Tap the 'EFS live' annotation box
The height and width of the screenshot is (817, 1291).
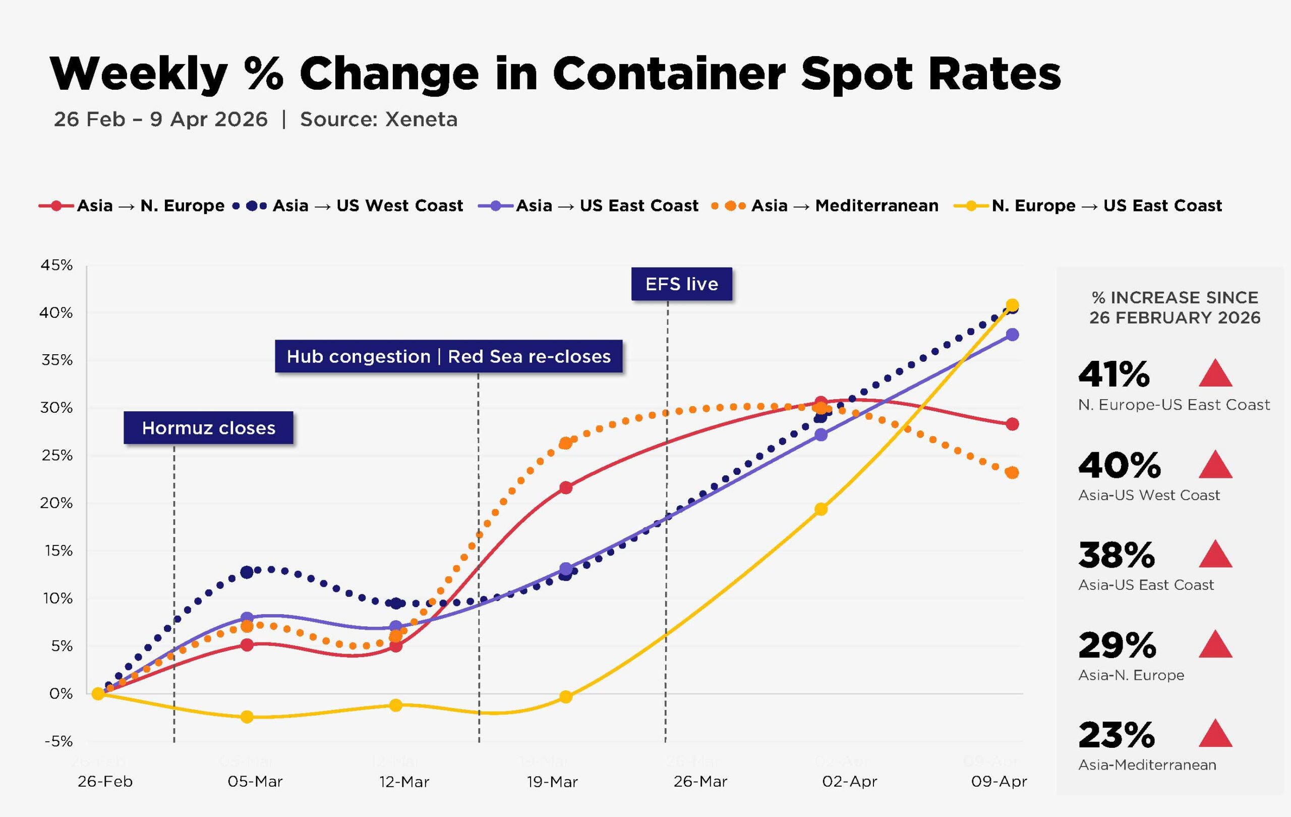pyautogui.click(x=681, y=284)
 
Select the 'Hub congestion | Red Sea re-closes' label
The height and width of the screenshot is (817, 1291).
pyautogui.click(x=448, y=356)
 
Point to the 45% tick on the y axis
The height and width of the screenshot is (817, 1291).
pyautogui.click(x=56, y=265)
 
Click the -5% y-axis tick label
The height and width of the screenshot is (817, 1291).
pyautogui.click(x=58, y=741)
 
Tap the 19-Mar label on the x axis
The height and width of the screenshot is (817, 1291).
pyautogui.click(x=552, y=782)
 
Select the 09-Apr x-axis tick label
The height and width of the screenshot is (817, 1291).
pyautogui.click(x=999, y=781)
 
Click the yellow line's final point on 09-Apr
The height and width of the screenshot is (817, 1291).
pyautogui.click(x=1012, y=305)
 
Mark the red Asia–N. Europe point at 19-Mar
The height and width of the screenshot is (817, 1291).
pyautogui.click(x=566, y=487)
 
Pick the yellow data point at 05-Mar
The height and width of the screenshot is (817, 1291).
pyautogui.click(x=247, y=717)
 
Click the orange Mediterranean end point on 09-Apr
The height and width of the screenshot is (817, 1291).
pyautogui.click(x=1012, y=473)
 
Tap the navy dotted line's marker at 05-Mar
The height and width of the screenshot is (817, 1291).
pyautogui.click(x=247, y=572)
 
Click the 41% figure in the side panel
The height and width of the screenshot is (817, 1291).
pyautogui.click(x=1113, y=374)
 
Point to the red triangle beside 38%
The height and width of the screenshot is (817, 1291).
pyautogui.click(x=1215, y=554)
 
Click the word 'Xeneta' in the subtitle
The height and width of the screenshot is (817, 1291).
pyautogui.click(x=421, y=119)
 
